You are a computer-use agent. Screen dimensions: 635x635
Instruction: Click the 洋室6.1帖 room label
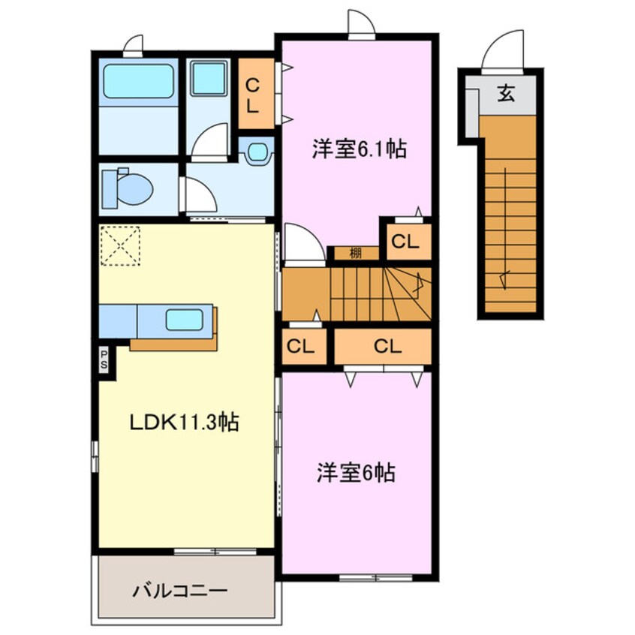click(359, 149)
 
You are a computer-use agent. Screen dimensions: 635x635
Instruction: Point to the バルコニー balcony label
click(179, 591)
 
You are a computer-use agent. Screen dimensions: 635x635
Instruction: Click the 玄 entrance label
click(507, 95)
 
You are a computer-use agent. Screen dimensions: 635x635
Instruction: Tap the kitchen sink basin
click(184, 320)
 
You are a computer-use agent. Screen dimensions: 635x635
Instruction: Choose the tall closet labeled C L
click(252, 95)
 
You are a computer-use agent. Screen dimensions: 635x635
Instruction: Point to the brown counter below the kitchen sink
click(173, 345)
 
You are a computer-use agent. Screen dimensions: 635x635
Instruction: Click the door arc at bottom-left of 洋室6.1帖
click(302, 244)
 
